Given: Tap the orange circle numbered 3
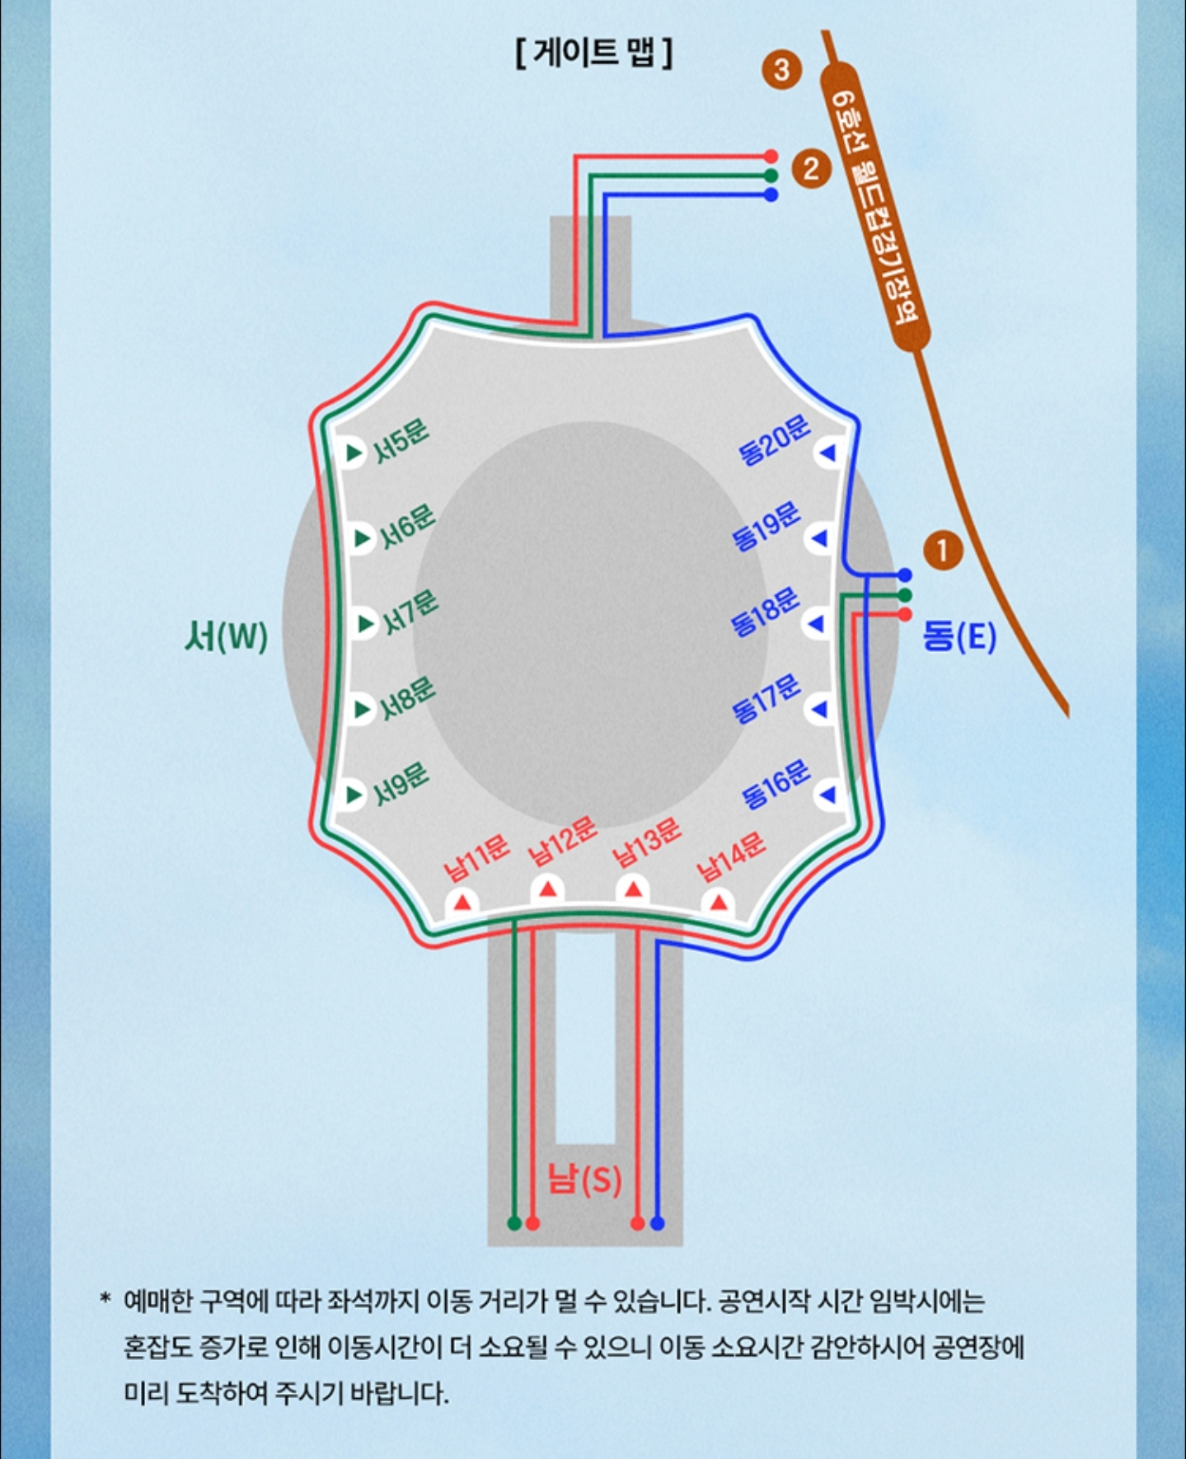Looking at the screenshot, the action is [781, 69].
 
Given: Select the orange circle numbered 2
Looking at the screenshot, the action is [811, 169].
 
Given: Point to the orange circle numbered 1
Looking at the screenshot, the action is [943, 550].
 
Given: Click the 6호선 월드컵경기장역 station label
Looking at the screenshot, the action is [874, 206].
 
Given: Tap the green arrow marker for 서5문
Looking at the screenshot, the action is [354, 453].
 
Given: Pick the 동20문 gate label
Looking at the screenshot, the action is [774, 439].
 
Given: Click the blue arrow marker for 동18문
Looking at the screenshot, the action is [817, 624].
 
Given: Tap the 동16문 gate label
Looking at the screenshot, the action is [776, 784].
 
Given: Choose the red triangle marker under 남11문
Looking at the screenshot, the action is [462, 902].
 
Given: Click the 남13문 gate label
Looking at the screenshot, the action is [647, 842].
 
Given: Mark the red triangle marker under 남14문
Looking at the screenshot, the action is [719, 902].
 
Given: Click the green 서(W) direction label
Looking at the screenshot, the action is [226, 636].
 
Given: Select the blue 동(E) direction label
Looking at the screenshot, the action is [959, 636].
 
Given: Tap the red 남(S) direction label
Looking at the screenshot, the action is [584, 1180].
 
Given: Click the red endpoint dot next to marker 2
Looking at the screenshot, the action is [771, 156].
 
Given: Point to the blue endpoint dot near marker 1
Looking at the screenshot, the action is [905, 575].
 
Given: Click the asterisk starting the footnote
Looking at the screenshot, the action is [105, 1301].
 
